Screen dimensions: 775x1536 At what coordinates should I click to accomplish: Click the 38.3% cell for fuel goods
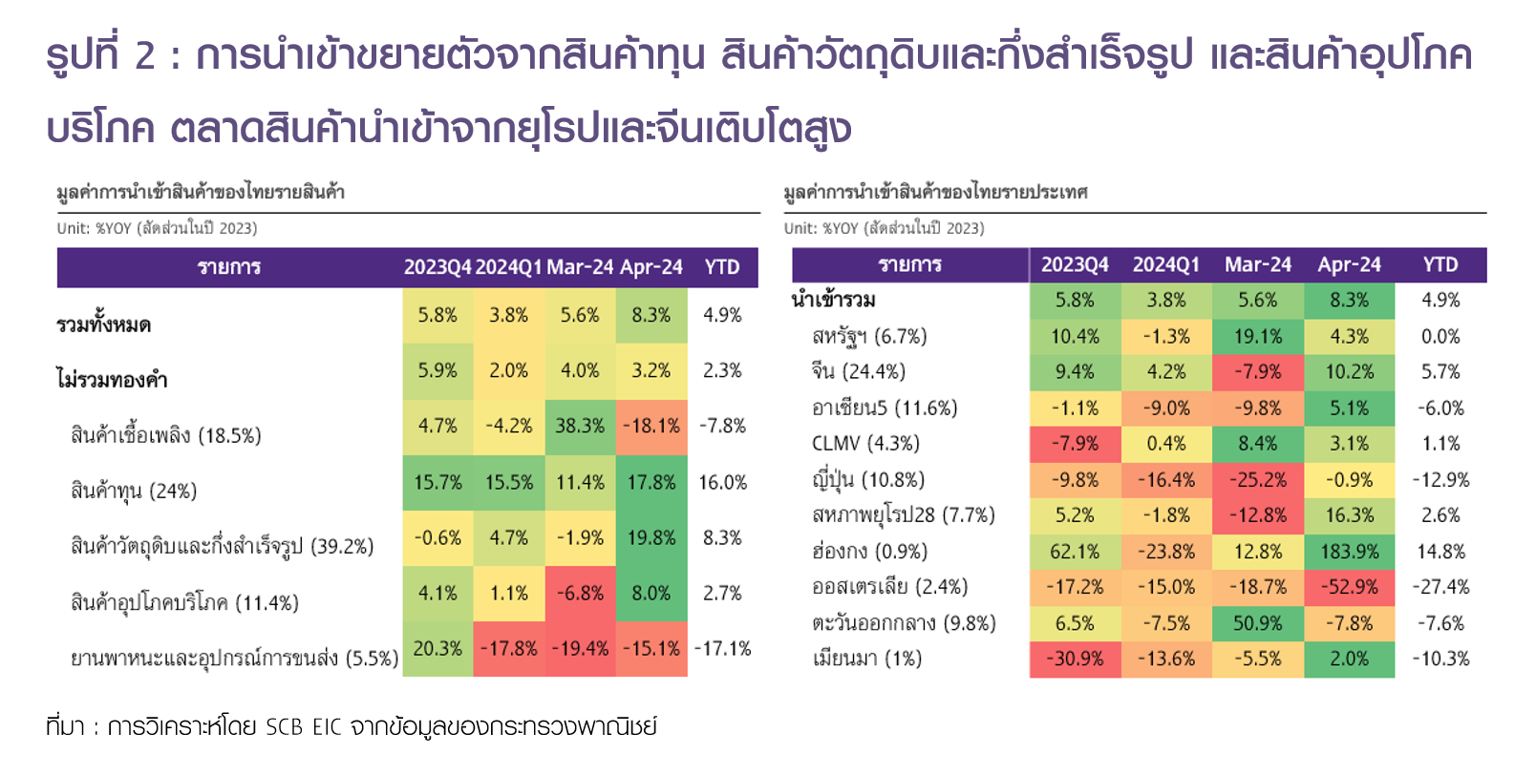[580, 426]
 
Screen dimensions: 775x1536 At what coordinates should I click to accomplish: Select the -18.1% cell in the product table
[651, 426]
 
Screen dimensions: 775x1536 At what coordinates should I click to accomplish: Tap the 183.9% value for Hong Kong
[1349, 552]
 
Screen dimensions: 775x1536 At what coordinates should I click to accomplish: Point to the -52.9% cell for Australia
[1349, 587]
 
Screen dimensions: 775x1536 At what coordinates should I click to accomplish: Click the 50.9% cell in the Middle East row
[1257, 623]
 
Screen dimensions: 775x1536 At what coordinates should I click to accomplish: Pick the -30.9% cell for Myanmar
[1075, 659]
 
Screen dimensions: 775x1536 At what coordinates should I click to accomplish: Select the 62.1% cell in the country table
[1075, 552]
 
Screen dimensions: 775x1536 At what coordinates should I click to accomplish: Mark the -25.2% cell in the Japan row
[1257, 480]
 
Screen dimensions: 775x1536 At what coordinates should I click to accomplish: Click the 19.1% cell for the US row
[1257, 337]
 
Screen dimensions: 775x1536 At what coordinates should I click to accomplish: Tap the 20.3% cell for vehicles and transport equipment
[437, 649]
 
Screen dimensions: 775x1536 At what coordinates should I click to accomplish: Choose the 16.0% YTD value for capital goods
[722, 482]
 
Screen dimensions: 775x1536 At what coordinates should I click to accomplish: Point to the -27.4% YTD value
[1440, 587]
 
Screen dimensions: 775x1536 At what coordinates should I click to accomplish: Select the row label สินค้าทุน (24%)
[134, 491]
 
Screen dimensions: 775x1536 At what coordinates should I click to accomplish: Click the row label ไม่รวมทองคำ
[112, 380]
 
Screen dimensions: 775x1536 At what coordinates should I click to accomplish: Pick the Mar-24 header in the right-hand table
[1257, 264]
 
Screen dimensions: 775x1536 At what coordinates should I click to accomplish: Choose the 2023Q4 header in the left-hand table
[437, 267]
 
